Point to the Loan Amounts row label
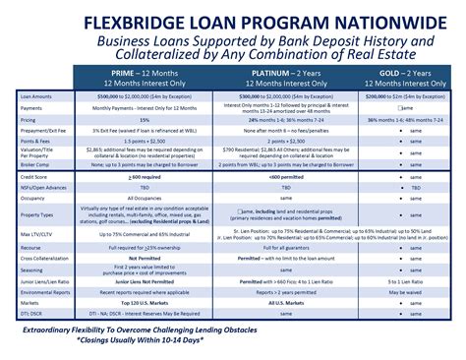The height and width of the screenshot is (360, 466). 37,98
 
